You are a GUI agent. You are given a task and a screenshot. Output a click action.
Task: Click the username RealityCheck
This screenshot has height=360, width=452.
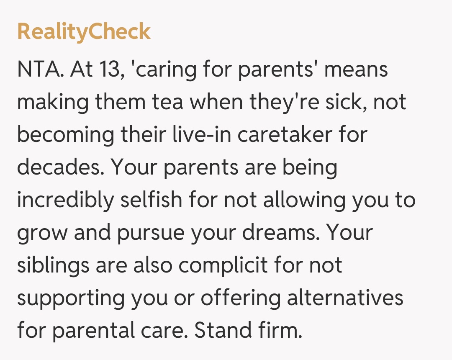pyautogui.click(x=84, y=32)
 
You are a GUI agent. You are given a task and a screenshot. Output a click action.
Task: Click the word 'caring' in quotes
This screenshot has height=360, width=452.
pyautogui.click(x=164, y=70)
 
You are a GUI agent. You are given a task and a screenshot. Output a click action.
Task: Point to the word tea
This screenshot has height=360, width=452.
pyautogui.click(x=167, y=102)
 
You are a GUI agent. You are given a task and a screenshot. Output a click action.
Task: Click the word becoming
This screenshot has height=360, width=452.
pyautogui.click(x=66, y=135)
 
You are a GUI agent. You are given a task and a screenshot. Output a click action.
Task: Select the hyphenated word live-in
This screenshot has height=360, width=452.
pyautogui.click(x=202, y=134)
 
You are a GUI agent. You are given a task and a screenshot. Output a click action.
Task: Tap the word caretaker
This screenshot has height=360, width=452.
pyautogui.click(x=285, y=134)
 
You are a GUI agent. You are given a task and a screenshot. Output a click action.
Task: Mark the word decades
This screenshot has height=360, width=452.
pyautogui.click(x=61, y=167)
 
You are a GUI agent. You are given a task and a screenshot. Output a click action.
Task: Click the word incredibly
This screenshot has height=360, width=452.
pyautogui.click(x=65, y=200)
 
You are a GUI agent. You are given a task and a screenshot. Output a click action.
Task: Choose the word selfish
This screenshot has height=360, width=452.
pyautogui.click(x=151, y=199)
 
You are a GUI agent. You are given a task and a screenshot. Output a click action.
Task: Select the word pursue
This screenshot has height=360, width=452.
pyautogui.click(x=151, y=233)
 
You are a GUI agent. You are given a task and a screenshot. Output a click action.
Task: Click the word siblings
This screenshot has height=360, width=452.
pyautogui.click(x=53, y=265)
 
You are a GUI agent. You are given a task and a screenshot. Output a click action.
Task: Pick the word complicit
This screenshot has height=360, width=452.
pyautogui.click(x=223, y=265)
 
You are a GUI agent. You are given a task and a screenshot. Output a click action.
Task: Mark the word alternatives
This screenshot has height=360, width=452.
pyautogui.click(x=345, y=298)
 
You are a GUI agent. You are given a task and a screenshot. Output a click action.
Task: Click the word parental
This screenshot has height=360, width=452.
pyautogui.click(x=93, y=331)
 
